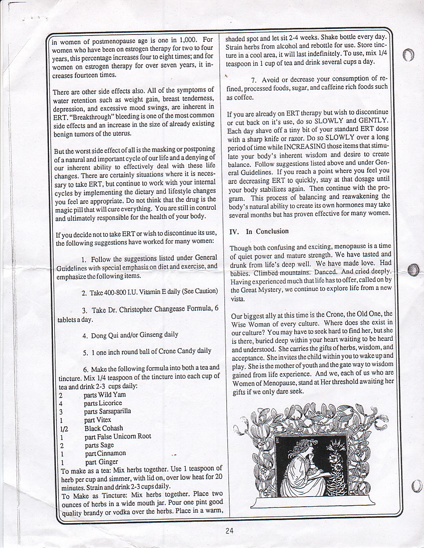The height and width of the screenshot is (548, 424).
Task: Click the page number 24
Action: pos(229,531)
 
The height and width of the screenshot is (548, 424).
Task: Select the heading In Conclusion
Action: pos(267,231)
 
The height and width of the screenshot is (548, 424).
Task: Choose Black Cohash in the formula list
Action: pos(104,428)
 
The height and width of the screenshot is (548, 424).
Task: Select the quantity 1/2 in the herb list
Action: pos(63,428)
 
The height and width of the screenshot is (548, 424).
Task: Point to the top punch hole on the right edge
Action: pos(408,55)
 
